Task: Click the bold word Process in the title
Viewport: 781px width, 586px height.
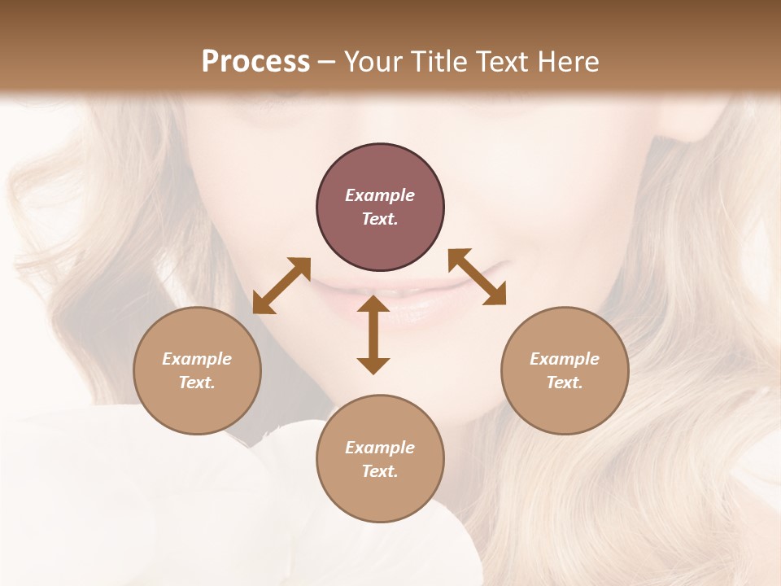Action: coord(255,62)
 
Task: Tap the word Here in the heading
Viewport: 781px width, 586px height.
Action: coord(568,62)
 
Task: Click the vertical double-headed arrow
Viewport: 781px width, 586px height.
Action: coord(373,335)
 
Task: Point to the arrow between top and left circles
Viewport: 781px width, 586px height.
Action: coord(281,285)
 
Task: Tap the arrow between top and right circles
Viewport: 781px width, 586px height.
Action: coord(478,277)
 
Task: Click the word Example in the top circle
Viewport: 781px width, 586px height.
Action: coord(380,195)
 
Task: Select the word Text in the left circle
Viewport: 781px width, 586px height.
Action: coord(197,383)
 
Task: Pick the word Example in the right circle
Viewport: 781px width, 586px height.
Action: coord(565,359)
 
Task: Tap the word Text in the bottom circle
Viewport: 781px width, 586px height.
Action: coord(380,471)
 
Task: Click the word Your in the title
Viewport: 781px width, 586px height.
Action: coord(369,62)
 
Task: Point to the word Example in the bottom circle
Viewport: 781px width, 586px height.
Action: coord(380,448)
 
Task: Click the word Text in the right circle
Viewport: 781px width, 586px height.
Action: coord(565,383)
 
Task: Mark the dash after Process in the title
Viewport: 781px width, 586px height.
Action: coord(327,62)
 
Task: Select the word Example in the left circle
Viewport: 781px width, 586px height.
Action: coord(197,359)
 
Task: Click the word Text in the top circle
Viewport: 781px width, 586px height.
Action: coord(380,219)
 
